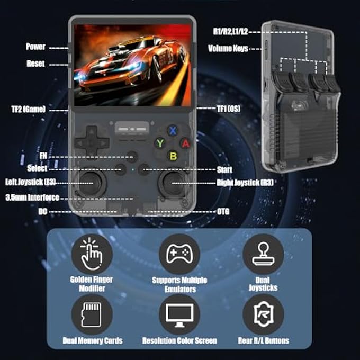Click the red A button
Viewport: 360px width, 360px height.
(x=185, y=143)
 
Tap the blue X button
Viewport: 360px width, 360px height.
(x=172, y=131)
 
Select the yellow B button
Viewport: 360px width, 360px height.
(x=172, y=156)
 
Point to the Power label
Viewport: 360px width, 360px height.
(x=35, y=47)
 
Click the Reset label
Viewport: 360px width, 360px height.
(x=35, y=64)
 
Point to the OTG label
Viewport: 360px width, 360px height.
(x=223, y=211)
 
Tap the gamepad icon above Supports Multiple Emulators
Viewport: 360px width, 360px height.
(x=179, y=255)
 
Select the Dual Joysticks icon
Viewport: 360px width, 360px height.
(x=263, y=255)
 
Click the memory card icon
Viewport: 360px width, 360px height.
(x=92, y=314)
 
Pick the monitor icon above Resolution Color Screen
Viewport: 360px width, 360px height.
(x=179, y=314)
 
